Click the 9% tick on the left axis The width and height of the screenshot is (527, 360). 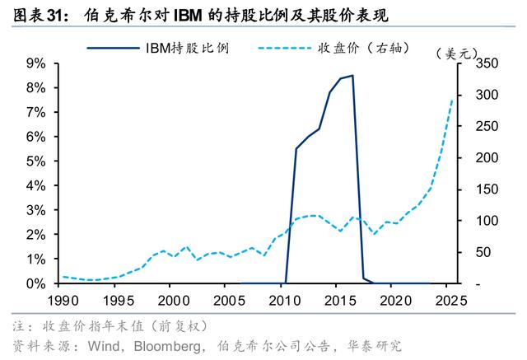(36, 63)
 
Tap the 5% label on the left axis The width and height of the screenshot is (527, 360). (36, 161)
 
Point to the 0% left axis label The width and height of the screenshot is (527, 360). (36, 283)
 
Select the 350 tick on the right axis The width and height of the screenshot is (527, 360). (487, 63)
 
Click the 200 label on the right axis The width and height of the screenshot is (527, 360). (487, 157)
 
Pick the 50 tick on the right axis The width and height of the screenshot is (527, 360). (483, 252)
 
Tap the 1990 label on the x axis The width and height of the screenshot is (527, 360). (63, 301)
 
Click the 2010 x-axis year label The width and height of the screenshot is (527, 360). (285, 301)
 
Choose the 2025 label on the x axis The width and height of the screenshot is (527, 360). (451, 301)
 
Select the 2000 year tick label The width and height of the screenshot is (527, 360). (174, 301)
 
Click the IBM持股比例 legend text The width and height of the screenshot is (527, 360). (188, 48)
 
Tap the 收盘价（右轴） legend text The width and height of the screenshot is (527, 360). (364, 48)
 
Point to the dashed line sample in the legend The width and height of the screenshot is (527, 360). (285, 48)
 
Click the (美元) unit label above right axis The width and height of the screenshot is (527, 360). (456, 54)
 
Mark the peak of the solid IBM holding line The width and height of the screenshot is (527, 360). (352, 76)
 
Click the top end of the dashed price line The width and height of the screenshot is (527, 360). (452, 100)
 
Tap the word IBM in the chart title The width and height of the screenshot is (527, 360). (188, 16)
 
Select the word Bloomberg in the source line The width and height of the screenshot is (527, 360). (168, 346)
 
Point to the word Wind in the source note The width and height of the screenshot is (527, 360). (104, 346)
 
